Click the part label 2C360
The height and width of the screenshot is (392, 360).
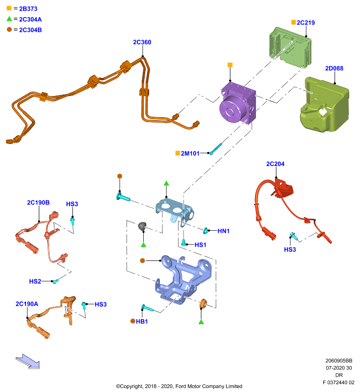(x=142, y=42)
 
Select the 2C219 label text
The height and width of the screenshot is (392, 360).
(x=306, y=23)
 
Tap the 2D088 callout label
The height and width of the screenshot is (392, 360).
(x=334, y=69)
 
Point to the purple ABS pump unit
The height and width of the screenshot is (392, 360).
(x=238, y=103)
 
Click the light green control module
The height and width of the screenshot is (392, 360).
(x=290, y=47)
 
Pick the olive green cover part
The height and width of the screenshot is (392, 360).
(x=324, y=104)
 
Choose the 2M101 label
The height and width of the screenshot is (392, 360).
(x=190, y=153)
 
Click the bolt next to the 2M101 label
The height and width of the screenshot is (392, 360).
(x=216, y=149)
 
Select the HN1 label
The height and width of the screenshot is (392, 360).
(x=223, y=231)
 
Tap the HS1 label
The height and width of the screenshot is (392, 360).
(x=201, y=245)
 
